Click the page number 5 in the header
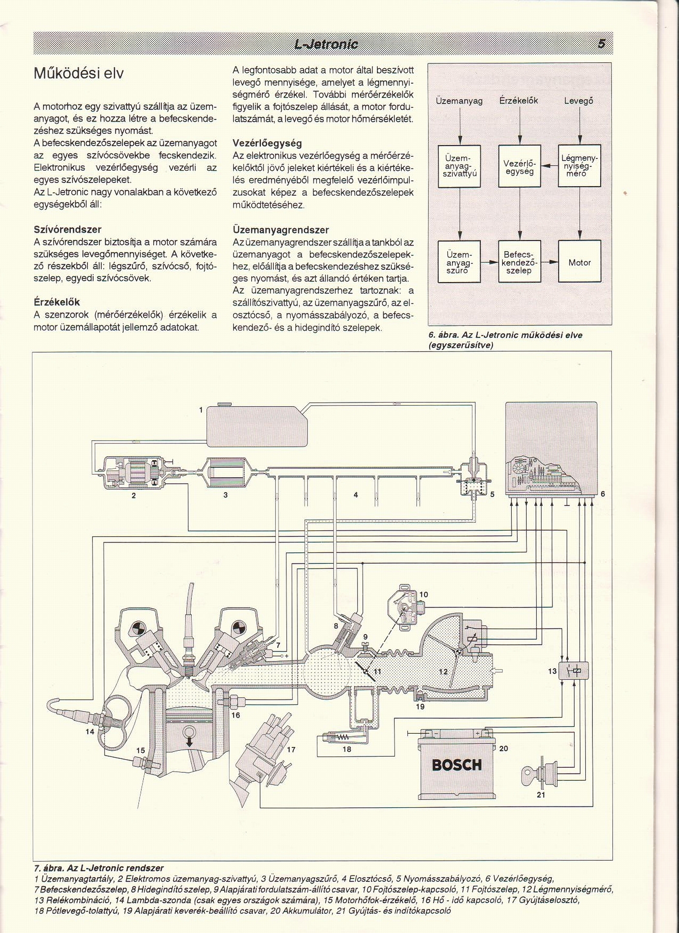pyautogui.click(x=601, y=44)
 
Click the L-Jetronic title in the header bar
pyautogui.click(x=326, y=44)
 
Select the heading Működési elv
pyautogui.click(x=79, y=74)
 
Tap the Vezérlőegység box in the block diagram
pyautogui.click(x=520, y=166)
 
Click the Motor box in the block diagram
pyautogui.click(x=580, y=261)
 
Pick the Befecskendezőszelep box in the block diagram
pyautogui.click(x=520, y=261)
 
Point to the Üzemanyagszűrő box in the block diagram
pyautogui.click(x=459, y=261)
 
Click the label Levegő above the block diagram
pyautogui.click(x=578, y=101)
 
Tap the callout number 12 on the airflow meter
pyautogui.click(x=443, y=672)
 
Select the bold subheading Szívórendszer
pyautogui.click(x=67, y=229)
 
